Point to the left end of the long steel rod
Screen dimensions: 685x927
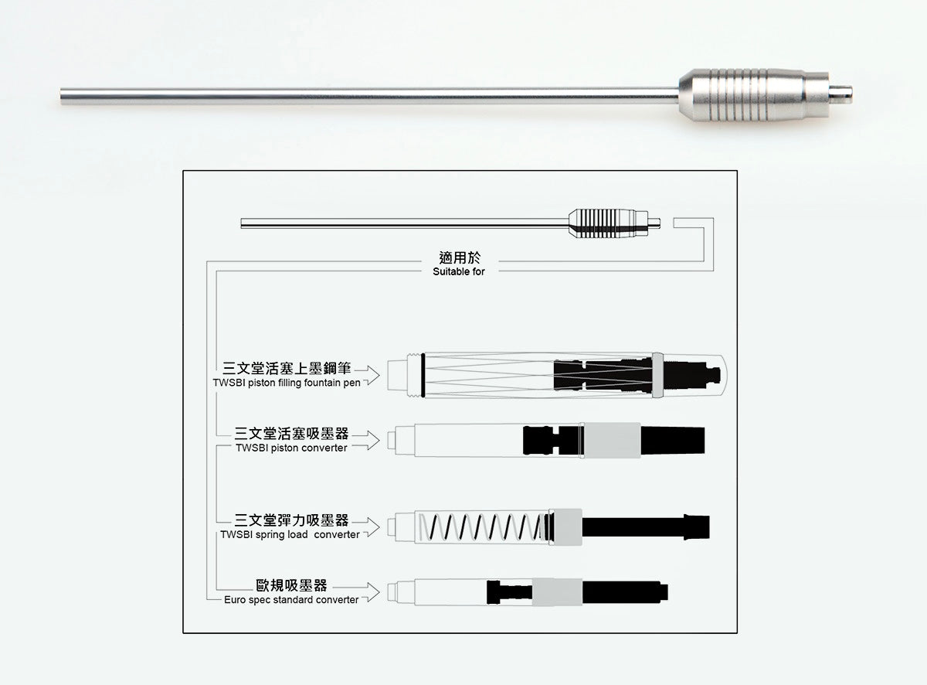coord(63,97)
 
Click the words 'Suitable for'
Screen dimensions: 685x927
coord(459,271)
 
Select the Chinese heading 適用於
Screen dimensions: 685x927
coord(460,257)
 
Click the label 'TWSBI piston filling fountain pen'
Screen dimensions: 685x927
coord(287,383)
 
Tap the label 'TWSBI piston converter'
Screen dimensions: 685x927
coord(291,448)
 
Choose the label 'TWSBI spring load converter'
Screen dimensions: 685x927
coord(290,534)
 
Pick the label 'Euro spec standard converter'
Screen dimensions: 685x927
coord(291,599)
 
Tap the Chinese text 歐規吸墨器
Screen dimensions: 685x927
coord(291,585)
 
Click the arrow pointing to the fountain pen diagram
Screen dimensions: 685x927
coord(372,376)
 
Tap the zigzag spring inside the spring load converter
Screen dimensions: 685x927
coord(483,527)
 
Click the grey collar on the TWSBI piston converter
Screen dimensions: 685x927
coord(610,440)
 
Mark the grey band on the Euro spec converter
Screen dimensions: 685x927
coord(557,592)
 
